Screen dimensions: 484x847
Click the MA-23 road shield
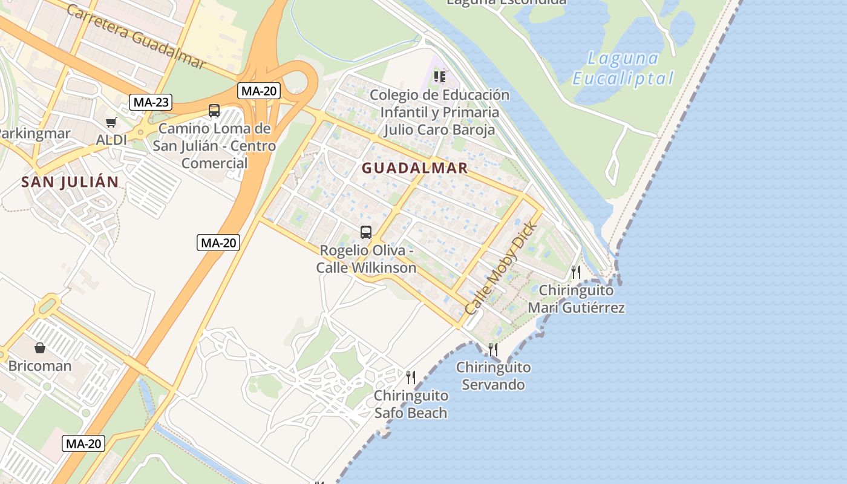151,102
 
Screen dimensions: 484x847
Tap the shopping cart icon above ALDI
111,123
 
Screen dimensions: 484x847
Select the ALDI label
112,140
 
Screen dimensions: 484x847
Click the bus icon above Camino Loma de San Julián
214,111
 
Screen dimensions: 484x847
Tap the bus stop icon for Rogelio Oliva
366,232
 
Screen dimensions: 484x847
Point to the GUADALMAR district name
415,169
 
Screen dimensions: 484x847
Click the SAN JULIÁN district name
70,182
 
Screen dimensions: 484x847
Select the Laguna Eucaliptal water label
623,68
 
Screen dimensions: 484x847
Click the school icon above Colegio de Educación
440,77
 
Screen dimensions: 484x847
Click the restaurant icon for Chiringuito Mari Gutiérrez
576,272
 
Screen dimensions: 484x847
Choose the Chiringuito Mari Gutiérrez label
576,299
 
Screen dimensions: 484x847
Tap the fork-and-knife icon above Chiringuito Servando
493,349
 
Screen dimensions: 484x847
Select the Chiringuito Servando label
493,376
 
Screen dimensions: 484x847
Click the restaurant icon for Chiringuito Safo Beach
411,378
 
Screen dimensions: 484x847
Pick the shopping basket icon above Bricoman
40,348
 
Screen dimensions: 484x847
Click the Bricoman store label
40,366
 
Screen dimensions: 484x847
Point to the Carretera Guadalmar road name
136,36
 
